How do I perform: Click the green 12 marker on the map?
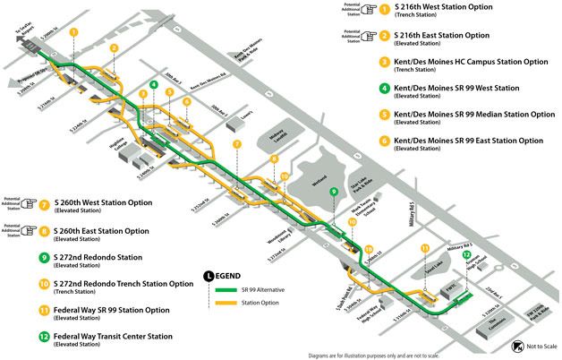[465, 255]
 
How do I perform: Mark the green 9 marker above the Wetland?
[333, 191]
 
